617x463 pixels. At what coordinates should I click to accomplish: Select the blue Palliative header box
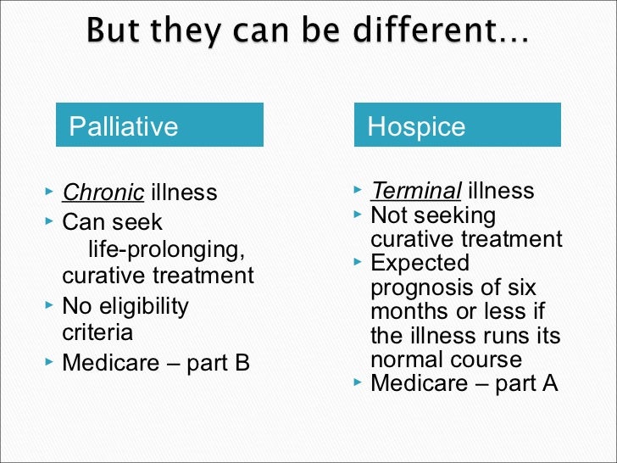159,126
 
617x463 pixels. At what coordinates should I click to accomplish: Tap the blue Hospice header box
457,126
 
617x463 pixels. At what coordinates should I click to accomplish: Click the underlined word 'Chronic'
103,192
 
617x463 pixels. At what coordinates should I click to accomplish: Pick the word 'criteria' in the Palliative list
97,332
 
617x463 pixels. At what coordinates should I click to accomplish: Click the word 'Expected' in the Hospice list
420,263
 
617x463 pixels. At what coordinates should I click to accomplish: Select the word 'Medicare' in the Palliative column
110,363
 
